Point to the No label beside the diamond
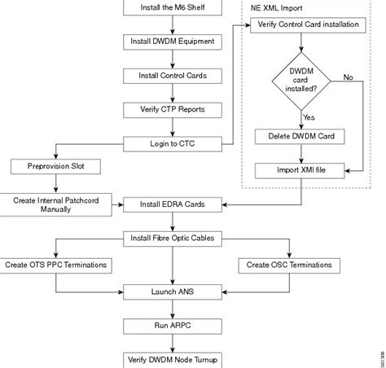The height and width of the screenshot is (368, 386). pos(348,77)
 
